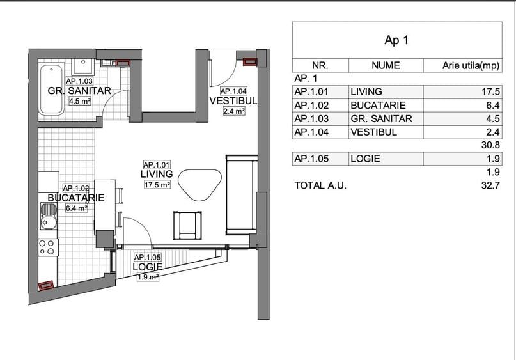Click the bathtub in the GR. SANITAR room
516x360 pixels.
tap(52, 90)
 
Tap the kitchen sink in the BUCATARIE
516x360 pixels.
tap(49, 216)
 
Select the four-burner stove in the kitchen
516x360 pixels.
tap(48, 247)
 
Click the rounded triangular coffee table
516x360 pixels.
tap(199, 184)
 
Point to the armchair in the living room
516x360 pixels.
tap(187, 226)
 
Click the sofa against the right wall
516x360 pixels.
tap(242, 194)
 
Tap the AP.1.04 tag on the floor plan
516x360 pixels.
tap(233, 91)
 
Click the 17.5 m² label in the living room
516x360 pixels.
tap(157, 185)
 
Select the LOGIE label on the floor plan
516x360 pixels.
tap(148, 267)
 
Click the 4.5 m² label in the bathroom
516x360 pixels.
tap(80, 101)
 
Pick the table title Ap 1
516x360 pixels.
tap(396, 40)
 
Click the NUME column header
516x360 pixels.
tap(386, 65)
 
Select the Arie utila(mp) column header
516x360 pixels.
tap(471, 65)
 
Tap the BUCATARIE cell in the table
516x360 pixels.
tap(378, 106)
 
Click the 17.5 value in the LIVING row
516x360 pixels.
tap(490, 91)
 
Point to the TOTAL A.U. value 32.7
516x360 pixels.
tap(490, 185)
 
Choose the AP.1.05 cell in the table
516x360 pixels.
tap(311, 159)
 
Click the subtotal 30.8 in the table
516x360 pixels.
tap(490, 145)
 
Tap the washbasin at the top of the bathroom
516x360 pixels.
tap(83, 66)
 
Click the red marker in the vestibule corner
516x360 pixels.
tap(250, 61)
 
